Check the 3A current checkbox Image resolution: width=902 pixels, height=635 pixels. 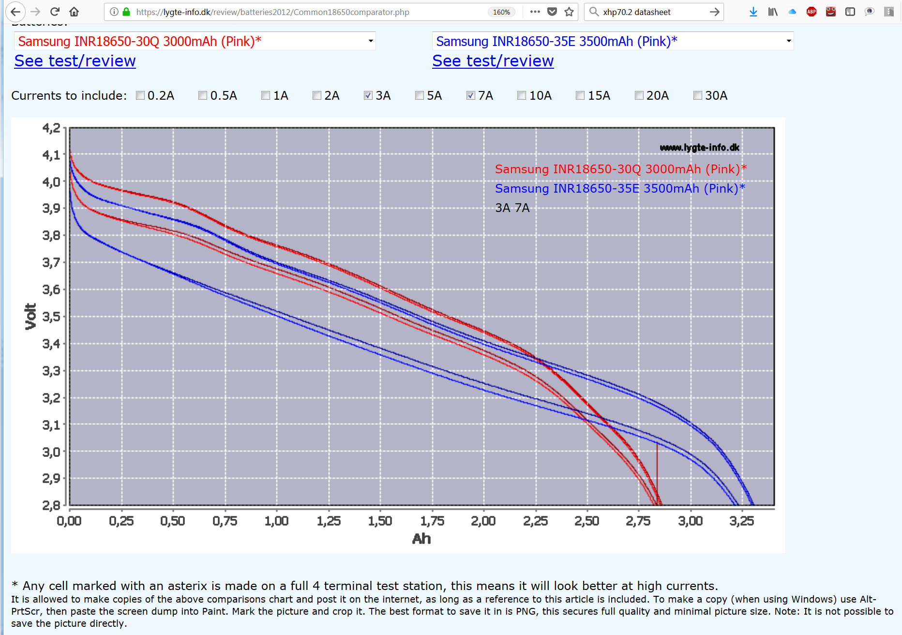[368, 95]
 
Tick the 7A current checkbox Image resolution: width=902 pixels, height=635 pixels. [471, 95]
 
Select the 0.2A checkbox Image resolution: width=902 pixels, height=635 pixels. [140, 95]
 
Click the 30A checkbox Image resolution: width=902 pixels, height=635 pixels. [698, 95]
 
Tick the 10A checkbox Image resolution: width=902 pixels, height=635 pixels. [522, 95]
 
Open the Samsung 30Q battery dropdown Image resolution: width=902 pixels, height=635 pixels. [195, 41]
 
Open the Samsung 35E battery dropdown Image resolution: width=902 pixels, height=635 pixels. [613, 41]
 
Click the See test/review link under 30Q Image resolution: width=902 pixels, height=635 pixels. [75, 61]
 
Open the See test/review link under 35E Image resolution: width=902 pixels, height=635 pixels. [493, 61]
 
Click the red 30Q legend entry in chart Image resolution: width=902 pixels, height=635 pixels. [620, 169]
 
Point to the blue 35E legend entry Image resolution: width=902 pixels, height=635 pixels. [619, 188]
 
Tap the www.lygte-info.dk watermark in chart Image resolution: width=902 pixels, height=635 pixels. [699, 148]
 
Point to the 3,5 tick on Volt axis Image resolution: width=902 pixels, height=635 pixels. [51, 317]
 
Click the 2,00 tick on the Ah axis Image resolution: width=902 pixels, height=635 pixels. [483, 521]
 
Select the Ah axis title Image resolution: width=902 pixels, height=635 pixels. [421, 539]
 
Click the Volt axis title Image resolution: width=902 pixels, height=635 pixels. [30, 317]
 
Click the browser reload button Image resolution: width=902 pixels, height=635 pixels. [55, 12]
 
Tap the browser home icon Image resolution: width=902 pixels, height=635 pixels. [74, 12]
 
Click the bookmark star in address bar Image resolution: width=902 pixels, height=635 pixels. [569, 12]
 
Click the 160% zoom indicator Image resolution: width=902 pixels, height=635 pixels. [501, 12]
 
